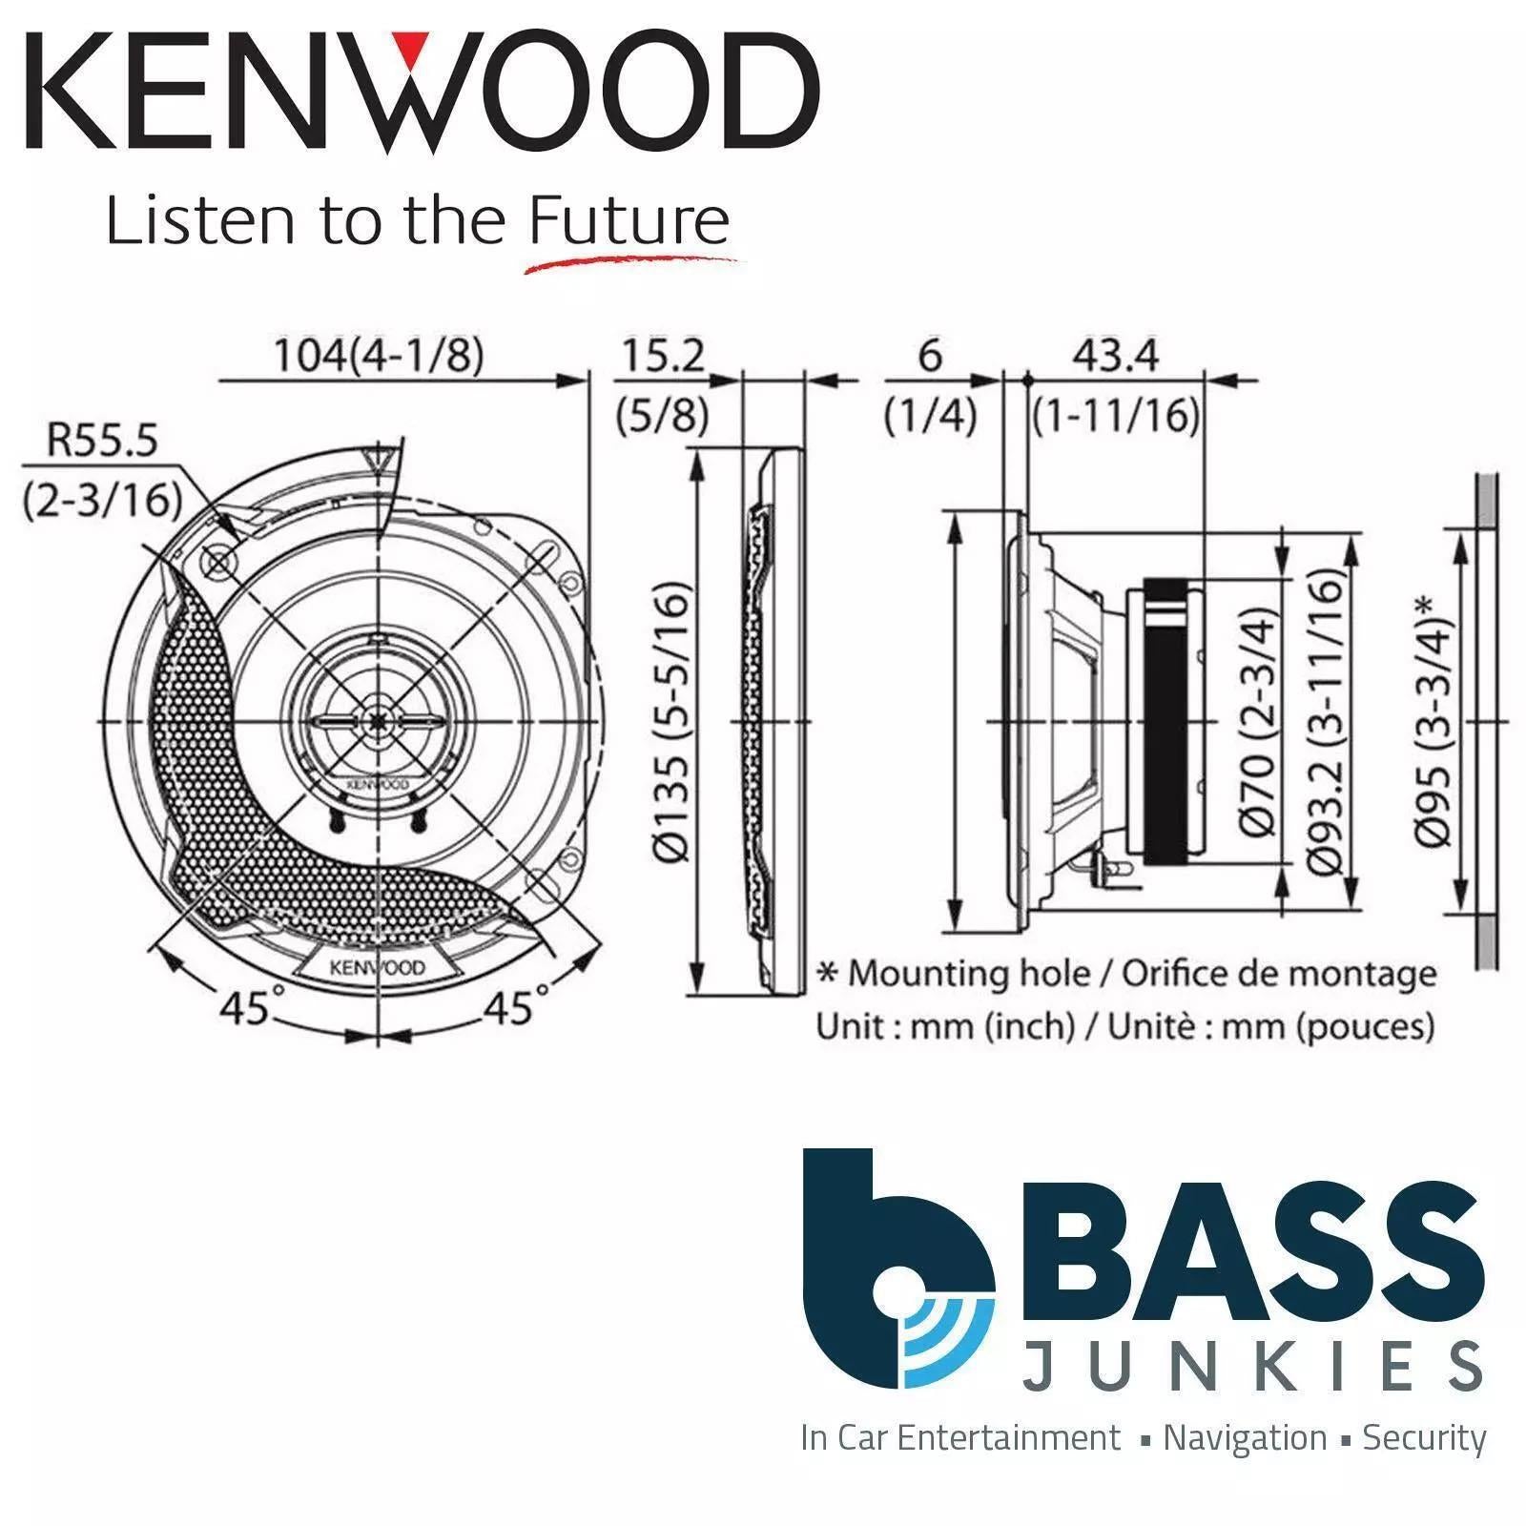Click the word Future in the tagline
(x=629, y=222)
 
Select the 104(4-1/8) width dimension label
(x=379, y=356)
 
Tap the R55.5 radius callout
(x=103, y=443)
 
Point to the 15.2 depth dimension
(x=663, y=356)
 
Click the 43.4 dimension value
(x=1115, y=356)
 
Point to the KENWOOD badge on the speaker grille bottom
(x=378, y=967)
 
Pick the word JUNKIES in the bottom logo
(x=1251, y=1365)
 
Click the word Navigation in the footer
(x=1245, y=1437)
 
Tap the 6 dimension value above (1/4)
(x=929, y=356)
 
